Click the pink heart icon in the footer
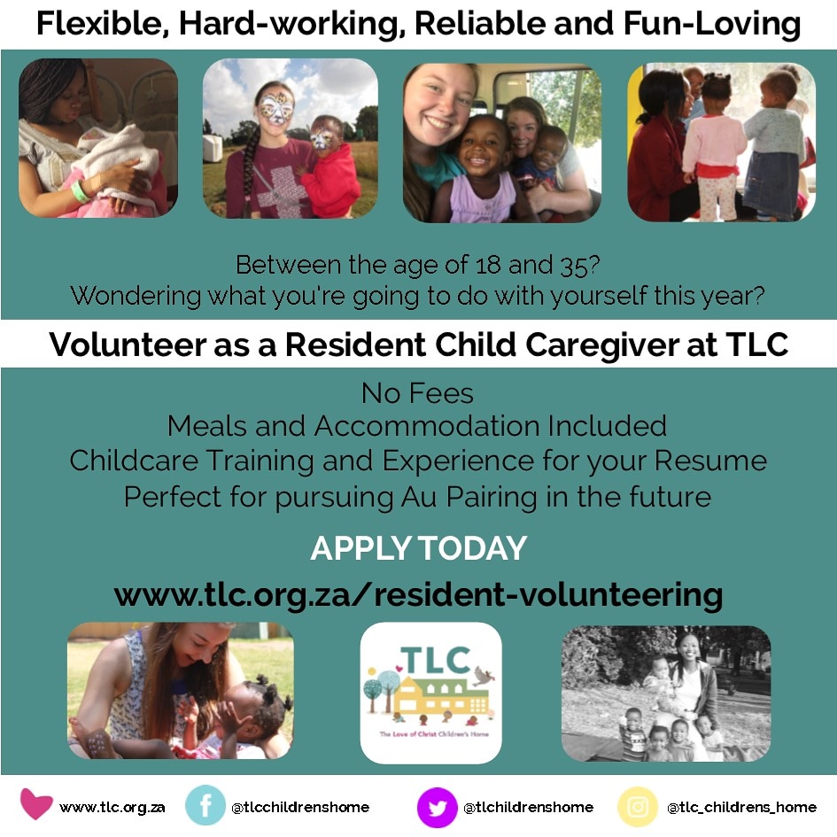(x=36, y=805)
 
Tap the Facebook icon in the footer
(x=205, y=806)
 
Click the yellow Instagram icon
(x=639, y=806)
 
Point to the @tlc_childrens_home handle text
(x=741, y=807)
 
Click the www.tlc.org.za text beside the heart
(x=112, y=807)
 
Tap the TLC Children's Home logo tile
(x=430, y=693)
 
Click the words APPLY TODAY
(x=418, y=548)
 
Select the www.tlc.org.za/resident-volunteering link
(x=418, y=593)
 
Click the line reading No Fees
(x=418, y=392)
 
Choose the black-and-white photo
(x=666, y=693)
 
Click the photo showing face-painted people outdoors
(x=291, y=139)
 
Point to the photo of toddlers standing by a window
(x=721, y=142)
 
